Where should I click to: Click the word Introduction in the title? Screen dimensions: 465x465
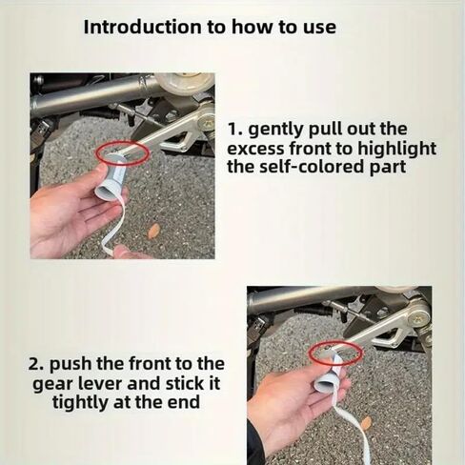143,27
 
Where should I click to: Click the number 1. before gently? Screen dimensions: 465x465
234,130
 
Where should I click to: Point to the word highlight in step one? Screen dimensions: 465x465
396,149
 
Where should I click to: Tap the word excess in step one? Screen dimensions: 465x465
255,150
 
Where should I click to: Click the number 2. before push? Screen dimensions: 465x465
37,364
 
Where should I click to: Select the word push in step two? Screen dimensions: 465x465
71,364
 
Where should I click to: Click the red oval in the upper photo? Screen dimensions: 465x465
122,142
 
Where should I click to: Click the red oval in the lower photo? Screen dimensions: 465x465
336,344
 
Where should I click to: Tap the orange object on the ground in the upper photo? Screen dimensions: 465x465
154,231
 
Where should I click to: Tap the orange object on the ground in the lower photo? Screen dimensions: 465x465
366,422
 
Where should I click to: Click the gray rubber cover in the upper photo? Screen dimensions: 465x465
112,174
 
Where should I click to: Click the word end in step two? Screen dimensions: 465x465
186,402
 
